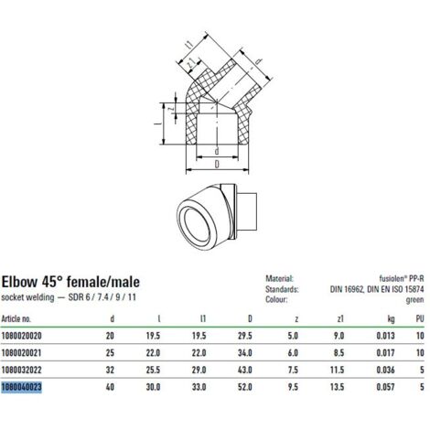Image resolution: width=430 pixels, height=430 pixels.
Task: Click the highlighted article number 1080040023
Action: coord(21,387)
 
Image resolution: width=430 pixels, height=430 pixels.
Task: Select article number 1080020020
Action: coord(21,336)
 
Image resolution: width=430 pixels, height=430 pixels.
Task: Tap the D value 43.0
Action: coord(245,370)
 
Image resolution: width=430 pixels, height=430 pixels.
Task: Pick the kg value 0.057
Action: coord(385,387)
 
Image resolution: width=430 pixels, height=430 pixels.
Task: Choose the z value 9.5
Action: coord(293,387)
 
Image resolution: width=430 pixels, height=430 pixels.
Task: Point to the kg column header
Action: coord(391,319)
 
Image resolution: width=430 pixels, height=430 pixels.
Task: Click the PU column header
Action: coord(420,319)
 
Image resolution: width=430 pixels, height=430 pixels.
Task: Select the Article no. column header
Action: coord(16,319)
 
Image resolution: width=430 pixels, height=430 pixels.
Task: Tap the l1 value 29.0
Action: coord(199,370)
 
